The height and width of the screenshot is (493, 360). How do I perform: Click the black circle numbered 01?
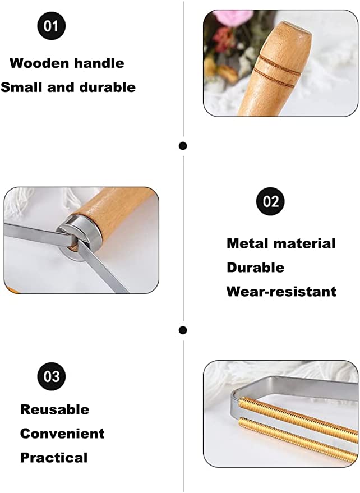[52, 26]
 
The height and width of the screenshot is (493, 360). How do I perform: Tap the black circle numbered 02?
[270, 201]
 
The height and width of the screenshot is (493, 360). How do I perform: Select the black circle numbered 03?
[52, 376]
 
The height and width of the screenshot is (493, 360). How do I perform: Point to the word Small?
[22, 87]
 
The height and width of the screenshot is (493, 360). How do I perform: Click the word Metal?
[247, 243]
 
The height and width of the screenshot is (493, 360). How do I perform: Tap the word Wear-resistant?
[281, 292]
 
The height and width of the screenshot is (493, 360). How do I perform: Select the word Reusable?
[55, 409]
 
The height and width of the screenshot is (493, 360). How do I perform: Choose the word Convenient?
[62, 434]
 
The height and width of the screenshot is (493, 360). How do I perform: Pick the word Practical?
[54, 458]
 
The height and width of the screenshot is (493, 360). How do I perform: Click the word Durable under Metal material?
[255, 268]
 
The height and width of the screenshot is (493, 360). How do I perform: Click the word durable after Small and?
[108, 87]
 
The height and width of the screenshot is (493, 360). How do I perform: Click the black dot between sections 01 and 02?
[183, 146]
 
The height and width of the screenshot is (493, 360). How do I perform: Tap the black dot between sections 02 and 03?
[183, 330]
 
